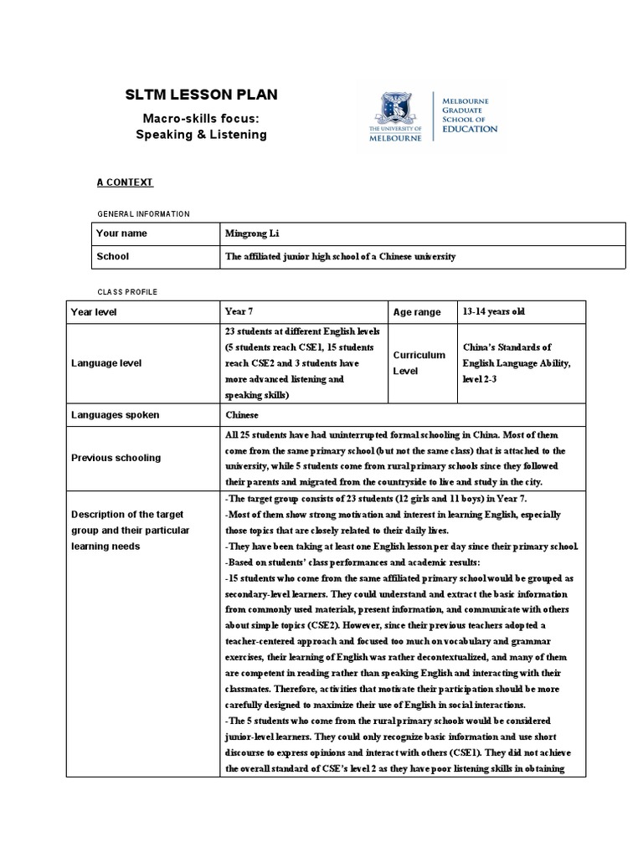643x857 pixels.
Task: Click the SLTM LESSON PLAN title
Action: tap(201, 95)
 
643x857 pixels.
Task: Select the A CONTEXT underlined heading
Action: tap(126, 182)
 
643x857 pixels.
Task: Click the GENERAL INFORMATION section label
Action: tap(144, 214)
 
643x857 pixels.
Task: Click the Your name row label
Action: tap(121, 233)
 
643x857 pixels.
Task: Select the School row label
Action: tap(113, 257)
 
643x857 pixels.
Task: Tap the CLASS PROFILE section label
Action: tap(128, 291)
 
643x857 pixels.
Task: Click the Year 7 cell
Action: tap(238, 311)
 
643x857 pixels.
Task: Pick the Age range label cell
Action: tap(416, 312)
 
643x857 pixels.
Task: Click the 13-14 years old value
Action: tap(493, 311)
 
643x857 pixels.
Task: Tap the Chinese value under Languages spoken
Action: tap(242, 414)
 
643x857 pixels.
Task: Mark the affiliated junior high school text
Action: tap(340, 257)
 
